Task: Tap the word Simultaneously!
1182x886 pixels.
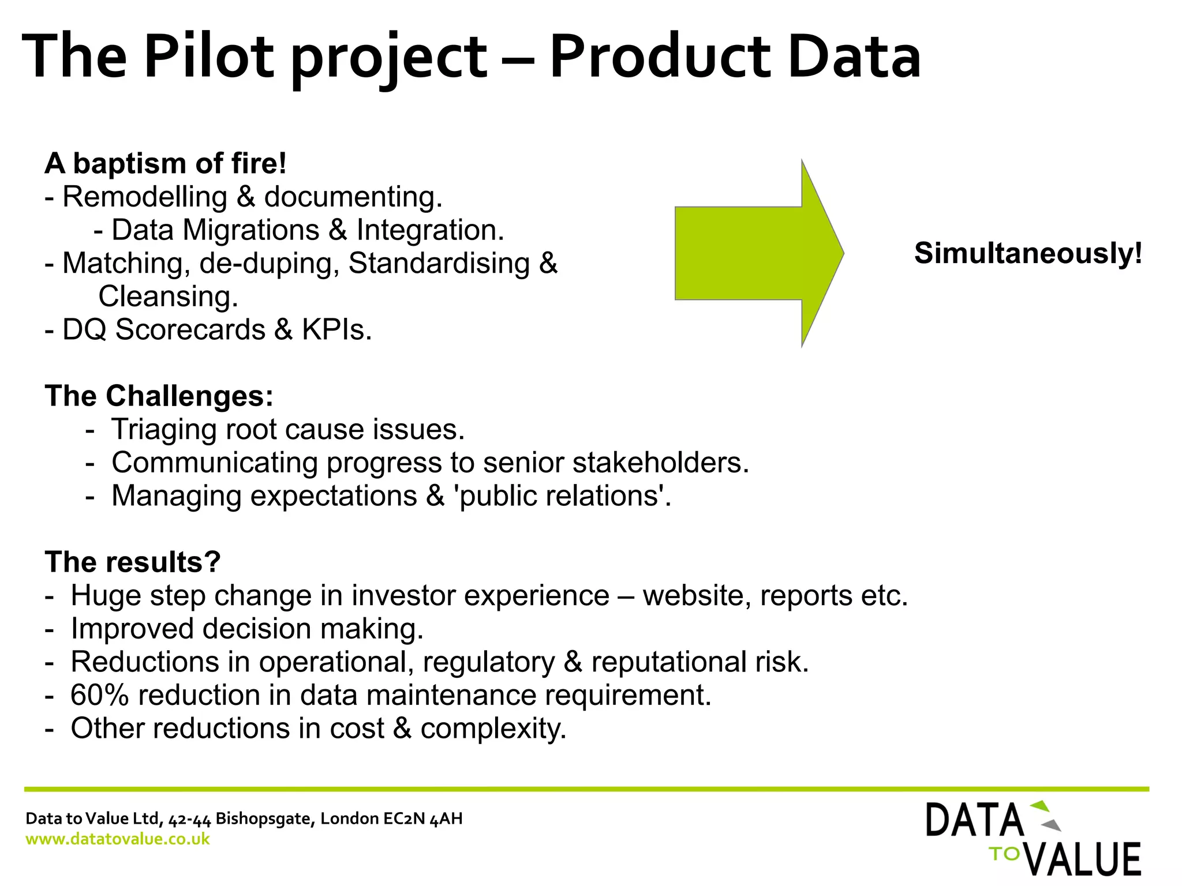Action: click(x=1028, y=253)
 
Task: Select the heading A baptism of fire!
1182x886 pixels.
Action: click(x=166, y=164)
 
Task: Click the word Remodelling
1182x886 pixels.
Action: click(x=145, y=197)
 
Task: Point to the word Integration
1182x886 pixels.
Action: click(x=430, y=230)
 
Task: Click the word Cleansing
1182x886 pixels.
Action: click(x=168, y=296)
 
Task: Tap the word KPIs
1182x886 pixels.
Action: click(x=336, y=330)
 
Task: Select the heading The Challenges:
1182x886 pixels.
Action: click(x=159, y=396)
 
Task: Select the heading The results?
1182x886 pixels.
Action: click(x=133, y=562)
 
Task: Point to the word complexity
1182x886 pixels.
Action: click(x=493, y=729)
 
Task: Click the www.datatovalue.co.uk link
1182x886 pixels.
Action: click(x=118, y=839)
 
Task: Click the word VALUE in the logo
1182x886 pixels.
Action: click(x=1085, y=859)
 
